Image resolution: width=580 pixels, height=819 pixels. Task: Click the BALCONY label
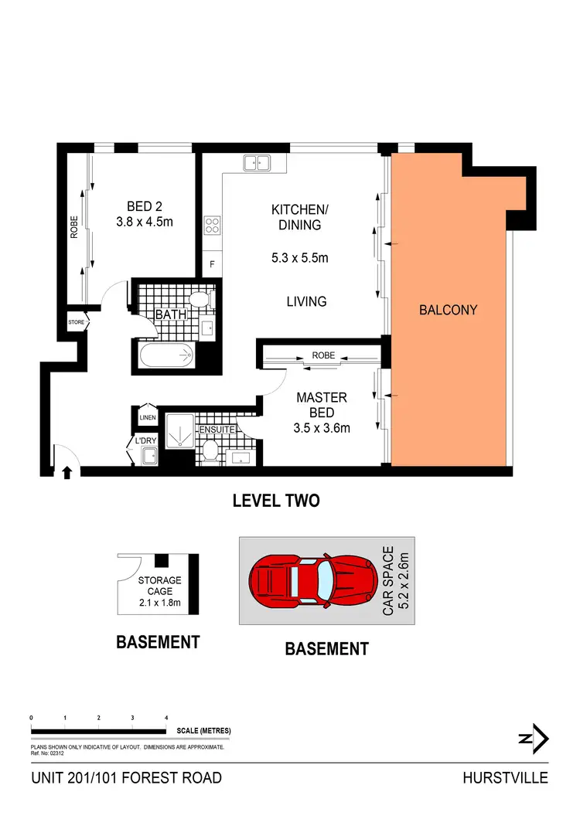click(448, 310)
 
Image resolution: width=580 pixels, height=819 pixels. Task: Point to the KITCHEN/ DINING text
click(300, 217)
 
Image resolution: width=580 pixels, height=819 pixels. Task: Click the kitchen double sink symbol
click(256, 163)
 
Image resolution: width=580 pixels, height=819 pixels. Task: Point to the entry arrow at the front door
click(67, 471)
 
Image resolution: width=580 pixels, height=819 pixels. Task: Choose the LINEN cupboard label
click(147, 418)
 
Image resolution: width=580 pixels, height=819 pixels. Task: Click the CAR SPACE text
click(388, 582)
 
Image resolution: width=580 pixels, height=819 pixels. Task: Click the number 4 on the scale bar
click(166, 718)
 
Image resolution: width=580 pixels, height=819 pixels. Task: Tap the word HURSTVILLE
click(506, 777)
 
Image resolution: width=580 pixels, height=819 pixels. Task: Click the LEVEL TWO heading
click(276, 501)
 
